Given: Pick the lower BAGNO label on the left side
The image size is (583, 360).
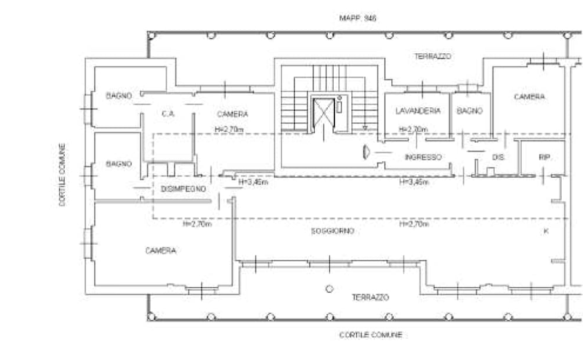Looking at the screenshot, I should pos(118,163).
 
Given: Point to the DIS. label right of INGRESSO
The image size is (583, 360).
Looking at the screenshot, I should pos(498,155).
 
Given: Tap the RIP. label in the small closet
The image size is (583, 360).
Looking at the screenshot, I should pos(544,155).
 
